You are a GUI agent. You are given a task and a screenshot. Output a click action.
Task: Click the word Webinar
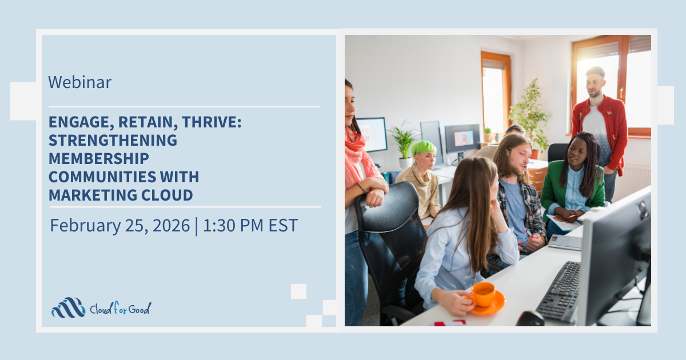click(79, 82)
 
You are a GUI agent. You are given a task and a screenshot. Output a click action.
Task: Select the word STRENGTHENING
click(113, 140)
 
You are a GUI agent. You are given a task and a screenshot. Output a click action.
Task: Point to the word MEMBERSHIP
click(98, 159)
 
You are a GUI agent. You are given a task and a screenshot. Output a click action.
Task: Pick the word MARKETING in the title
click(93, 195)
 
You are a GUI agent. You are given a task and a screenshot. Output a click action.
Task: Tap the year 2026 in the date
click(171, 226)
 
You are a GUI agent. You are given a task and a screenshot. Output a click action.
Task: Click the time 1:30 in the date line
click(219, 226)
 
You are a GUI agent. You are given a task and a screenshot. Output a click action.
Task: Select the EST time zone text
click(283, 226)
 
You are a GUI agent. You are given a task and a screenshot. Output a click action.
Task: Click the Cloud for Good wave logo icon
click(68, 307)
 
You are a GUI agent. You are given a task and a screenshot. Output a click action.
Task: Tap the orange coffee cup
click(485, 297)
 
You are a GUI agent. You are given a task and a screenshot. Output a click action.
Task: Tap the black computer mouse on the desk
click(530, 319)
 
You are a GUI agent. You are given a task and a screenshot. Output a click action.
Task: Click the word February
click(85, 226)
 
